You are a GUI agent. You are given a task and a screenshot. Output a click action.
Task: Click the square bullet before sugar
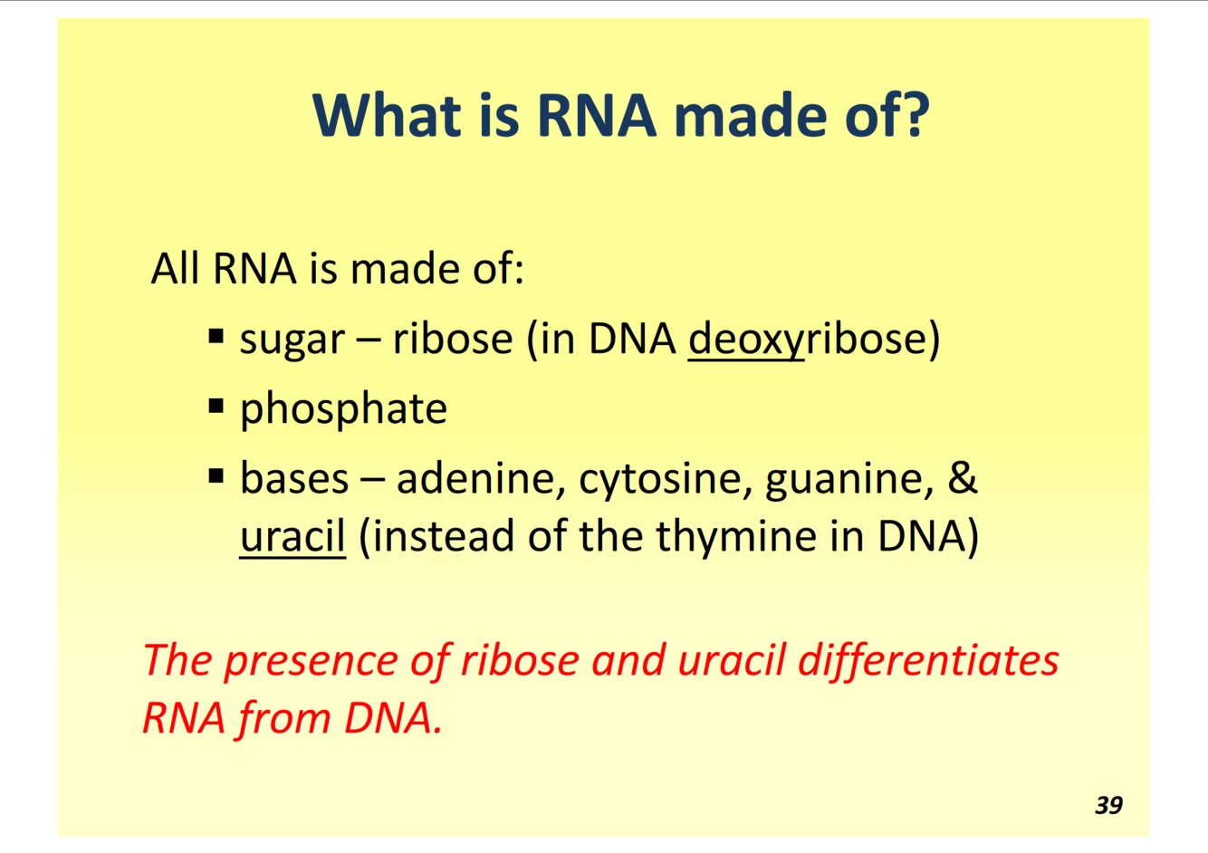pos(216,336)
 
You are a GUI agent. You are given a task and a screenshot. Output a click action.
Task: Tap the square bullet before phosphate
pos(216,406)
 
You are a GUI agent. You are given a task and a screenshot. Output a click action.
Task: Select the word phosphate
pos(343,410)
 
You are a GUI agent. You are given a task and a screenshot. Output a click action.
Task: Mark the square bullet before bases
pos(216,475)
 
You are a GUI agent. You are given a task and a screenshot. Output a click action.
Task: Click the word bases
pos(294,478)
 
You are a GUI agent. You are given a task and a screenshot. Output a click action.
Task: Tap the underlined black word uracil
pos(292,536)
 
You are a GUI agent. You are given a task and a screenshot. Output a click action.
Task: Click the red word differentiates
pos(928,661)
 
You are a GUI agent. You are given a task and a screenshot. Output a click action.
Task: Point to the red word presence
pos(311,663)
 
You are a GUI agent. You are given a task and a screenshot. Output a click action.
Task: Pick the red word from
pos(283,719)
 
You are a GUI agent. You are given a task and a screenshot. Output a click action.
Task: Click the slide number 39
pos(1108,805)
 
